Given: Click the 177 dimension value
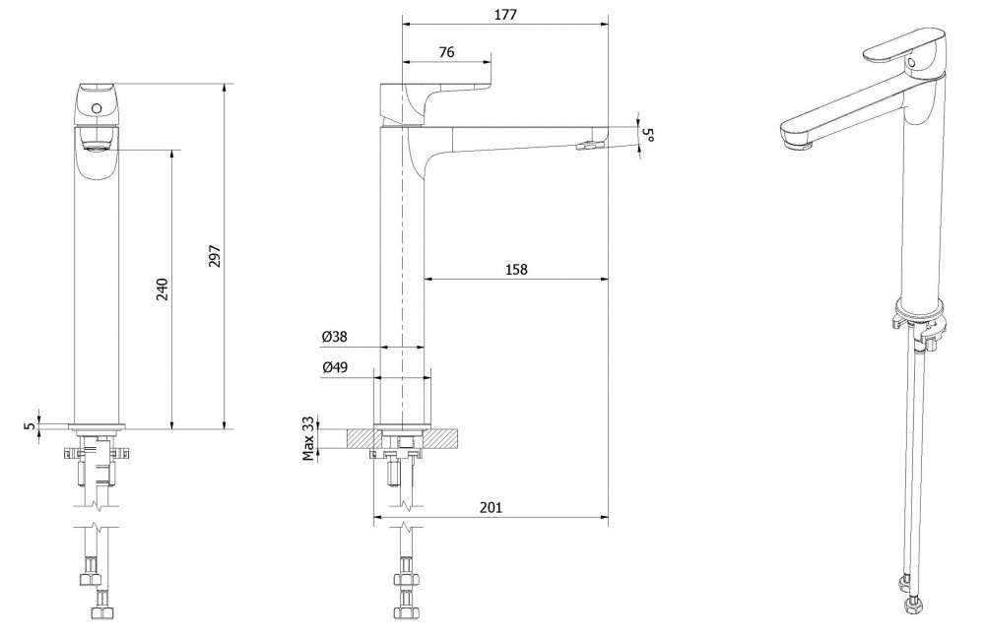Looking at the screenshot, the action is (505, 15).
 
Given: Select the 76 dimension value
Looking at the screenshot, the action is (446, 52).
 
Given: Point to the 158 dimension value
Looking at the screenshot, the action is (516, 269).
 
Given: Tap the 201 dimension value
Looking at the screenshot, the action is (491, 507).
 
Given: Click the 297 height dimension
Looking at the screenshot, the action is (215, 256).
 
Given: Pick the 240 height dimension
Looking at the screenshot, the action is (163, 288).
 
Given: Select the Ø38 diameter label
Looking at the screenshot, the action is (334, 337).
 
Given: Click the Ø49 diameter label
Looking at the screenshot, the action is (335, 367).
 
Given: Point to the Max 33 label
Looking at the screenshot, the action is (307, 438).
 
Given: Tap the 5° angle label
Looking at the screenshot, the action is (649, 135).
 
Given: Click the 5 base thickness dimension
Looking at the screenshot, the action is (30, 425).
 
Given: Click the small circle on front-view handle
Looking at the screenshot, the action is (97, 108).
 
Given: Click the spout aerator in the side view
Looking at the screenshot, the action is (589, 146).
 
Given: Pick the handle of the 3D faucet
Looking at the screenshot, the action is (903, 47).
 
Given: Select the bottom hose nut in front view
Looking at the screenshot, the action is (101, 612).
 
